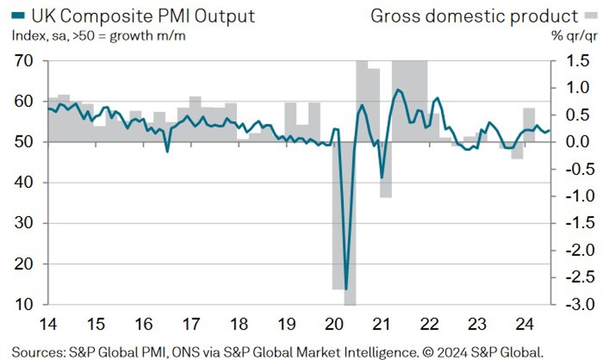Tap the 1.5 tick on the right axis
click(576, 61)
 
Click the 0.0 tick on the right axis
click(576, 142)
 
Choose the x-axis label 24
click(525, 324)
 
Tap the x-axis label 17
click(191, 324)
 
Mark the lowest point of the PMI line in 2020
click(346, 289)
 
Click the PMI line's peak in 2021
click(396, 90)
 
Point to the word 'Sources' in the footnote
click(35, 352)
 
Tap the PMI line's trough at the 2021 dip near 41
click(382, 178)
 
